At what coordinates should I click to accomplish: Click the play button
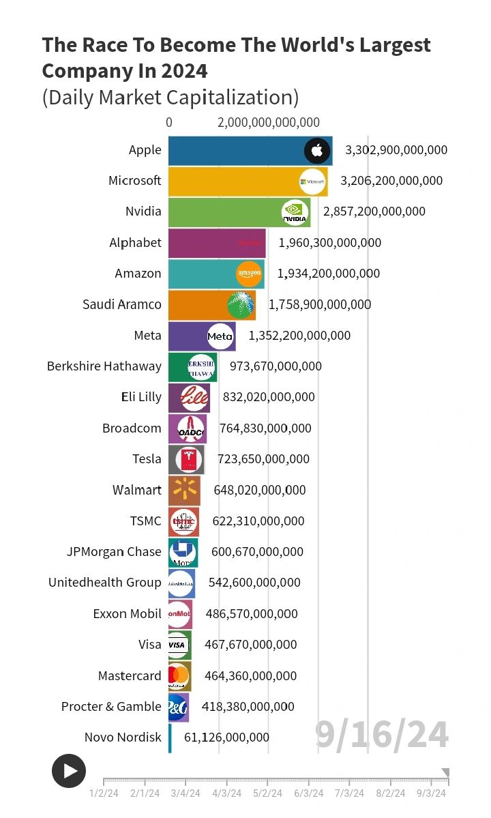(x=69, y=771)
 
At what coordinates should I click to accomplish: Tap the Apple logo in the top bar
(x=317, y=150)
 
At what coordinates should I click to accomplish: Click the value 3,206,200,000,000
(x=391, y=181)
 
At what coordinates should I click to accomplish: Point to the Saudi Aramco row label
(x=122, y=304)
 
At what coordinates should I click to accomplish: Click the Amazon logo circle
(x=249, y=274)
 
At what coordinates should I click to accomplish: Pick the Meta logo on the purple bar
(x=220, y=336)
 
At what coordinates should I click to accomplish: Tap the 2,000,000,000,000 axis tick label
(x=269, y=123)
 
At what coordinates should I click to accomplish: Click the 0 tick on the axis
(x=169, y=123)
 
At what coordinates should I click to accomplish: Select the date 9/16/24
(x=382, y=735)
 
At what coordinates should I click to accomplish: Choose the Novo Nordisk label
(x=123, y=737)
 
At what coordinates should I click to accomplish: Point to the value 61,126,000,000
(x=226, y=737)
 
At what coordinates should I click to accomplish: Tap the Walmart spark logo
(x=184, y=490)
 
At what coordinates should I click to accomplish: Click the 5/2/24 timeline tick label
(x=267, y=793)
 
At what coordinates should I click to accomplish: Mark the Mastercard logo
(x=178, y=675)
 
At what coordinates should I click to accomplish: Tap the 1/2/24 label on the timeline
(x=104, y=793)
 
